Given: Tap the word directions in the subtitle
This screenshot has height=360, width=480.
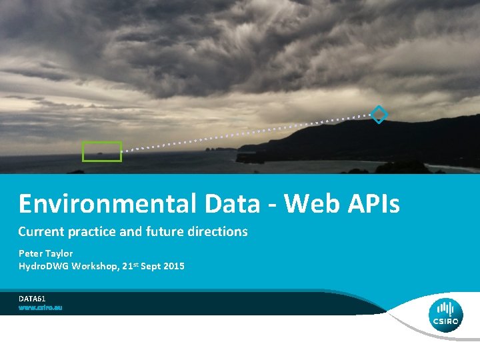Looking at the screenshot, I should [x=217, y=232].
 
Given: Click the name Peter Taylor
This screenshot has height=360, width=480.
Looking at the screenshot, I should [x=45, y=253].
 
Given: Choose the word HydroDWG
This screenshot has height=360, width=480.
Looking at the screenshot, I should [x=42, y=266].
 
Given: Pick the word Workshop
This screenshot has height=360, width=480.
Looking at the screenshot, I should [x=94, y=266].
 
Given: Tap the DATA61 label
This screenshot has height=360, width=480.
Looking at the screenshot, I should [x=32, y=299].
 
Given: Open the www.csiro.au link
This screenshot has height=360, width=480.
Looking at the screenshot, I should [x=40, y=308].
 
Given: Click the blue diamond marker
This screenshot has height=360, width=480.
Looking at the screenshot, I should [x=379, y=115].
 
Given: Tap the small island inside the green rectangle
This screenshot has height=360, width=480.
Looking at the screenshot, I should [x=100, y=153].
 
